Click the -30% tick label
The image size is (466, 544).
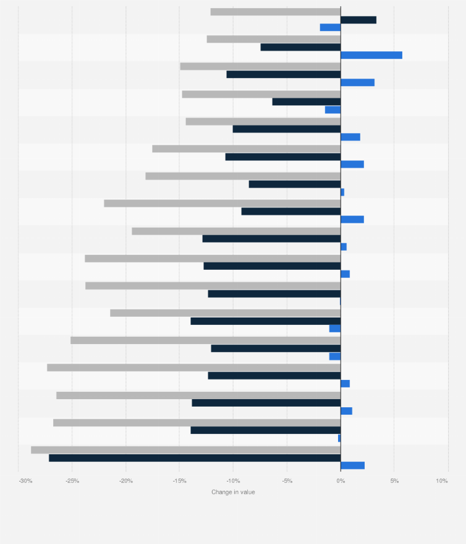click(x=25, y=481)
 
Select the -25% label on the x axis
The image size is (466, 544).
click(x=72, y=481)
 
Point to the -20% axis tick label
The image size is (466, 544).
click(x=125, y=481)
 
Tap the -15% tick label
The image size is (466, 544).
click(x=179, y=481)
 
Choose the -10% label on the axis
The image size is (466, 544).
click(x=233, y=481)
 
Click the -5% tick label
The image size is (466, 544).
click(x=287, y=481)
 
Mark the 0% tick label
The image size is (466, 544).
click(x=341, y=481)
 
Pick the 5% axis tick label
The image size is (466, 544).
click(x=394, y=481)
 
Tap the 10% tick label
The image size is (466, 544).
click(x=442, y=481)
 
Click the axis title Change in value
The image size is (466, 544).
click(x=233, y=492)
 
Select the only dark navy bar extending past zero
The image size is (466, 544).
click(x=358, y=20)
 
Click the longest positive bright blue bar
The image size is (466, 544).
click(x=371, y=55)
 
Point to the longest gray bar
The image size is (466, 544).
click(x=185, y=450)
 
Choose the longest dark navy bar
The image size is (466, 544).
click(x=195, y=458)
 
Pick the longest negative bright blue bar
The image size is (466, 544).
click(x=331, y=27)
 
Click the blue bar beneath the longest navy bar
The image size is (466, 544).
click(x=352, y=465)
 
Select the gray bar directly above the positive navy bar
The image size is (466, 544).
click(x=276, y=12)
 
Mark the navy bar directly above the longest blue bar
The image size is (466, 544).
click(x=300, y=47)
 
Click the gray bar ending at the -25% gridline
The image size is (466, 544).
click(x=206, y=340)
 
